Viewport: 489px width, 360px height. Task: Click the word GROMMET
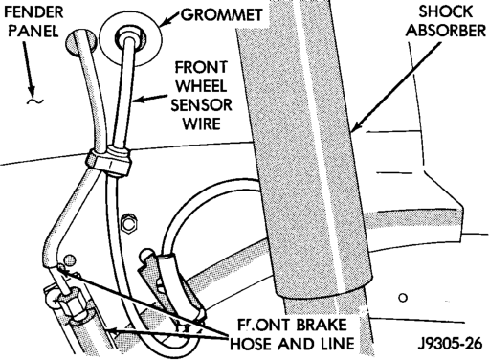pos(221,14)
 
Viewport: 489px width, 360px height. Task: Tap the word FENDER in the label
pos(33,12)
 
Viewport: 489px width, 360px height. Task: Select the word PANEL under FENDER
pos(33,31)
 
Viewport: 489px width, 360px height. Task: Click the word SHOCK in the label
pos(445,11)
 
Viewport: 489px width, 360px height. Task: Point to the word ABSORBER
pos(447,31)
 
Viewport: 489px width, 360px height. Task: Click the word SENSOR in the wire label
pos(201,105)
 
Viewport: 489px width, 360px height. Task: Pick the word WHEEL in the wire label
pos(201,86)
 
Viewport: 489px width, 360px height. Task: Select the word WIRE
pos(201,124)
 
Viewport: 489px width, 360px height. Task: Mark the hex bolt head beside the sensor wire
pos(129,224)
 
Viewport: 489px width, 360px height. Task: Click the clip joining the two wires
pos(108,161)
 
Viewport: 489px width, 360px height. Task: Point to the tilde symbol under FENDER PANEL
pos(35,101)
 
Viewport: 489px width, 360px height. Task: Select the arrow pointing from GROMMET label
pos(169,18)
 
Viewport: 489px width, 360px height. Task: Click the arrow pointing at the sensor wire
pos(149,98)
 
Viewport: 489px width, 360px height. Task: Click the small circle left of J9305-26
pos(403,298)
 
